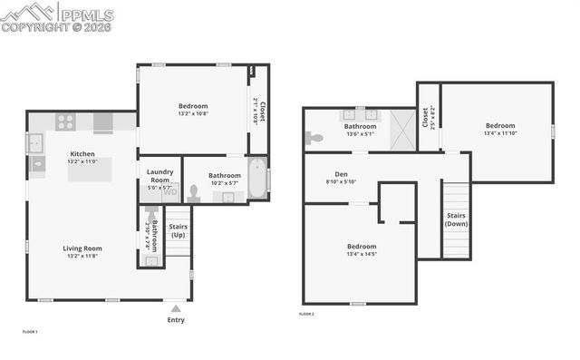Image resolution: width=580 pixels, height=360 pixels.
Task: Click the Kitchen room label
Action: coord(82,154)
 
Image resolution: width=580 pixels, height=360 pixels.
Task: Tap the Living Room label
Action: coord(82,248)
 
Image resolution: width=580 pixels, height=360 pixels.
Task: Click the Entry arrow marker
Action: coord(176,308)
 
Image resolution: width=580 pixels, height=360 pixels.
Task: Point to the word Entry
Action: coord(176,320)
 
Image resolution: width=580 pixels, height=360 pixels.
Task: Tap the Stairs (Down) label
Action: coord(456,219)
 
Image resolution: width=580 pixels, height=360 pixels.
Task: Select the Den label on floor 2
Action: coord(341,174)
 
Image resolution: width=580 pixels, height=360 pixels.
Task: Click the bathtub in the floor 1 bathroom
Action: coord(256,177)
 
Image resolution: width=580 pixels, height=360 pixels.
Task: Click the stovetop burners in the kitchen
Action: coord(65,122)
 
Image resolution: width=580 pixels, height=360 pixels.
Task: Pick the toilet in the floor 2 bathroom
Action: coord(314,139)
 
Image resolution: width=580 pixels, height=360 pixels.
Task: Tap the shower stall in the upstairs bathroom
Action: coord(401,129)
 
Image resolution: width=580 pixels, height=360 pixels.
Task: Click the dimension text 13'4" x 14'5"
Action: coord(362,255)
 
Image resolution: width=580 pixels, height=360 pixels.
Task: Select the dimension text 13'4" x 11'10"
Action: coord(498,133)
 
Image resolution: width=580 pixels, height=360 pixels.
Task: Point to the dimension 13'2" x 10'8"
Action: coord(192,114)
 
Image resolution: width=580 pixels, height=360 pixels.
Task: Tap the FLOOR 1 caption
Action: coord(30,332)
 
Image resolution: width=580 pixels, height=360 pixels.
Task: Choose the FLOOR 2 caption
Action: coord(306,314)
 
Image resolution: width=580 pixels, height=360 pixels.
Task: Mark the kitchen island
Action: coord(89,170)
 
